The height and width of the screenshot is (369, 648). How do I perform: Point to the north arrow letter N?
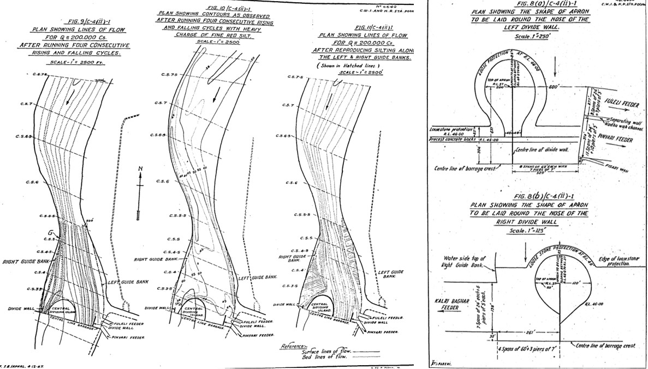(140, 169)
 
